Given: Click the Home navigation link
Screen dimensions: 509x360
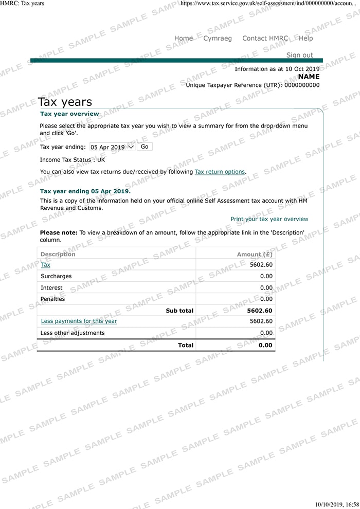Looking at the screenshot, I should click(184, 38).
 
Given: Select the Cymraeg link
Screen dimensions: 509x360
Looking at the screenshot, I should click(218, 38).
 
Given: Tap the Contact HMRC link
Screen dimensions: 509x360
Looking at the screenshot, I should click(265, 38).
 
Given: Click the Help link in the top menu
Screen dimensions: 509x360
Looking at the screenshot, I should click(305, 38).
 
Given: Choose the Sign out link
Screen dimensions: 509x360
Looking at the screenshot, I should click(299, 55).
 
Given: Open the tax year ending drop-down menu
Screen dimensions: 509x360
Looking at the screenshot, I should click(112, 147).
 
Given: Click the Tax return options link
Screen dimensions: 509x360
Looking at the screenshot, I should click(220, 172).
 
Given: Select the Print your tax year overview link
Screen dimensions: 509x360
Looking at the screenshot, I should click(269, 219).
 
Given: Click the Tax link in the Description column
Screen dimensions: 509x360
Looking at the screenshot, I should click(46, 265).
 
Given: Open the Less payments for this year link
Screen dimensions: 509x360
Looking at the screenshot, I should click(79, 321).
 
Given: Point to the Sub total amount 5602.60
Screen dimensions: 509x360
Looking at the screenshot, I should click(260, 311).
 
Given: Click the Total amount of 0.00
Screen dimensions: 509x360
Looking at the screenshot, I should click(265, 346).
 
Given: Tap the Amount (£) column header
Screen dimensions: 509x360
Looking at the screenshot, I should click(255, 254).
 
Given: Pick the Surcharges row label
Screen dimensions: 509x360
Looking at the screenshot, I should click(56, 276).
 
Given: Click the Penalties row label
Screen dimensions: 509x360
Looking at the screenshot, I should click(53, 299).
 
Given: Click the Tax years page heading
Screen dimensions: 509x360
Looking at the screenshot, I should click(65, 102).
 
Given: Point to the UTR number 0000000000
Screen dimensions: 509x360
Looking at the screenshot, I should click(302, 85).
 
